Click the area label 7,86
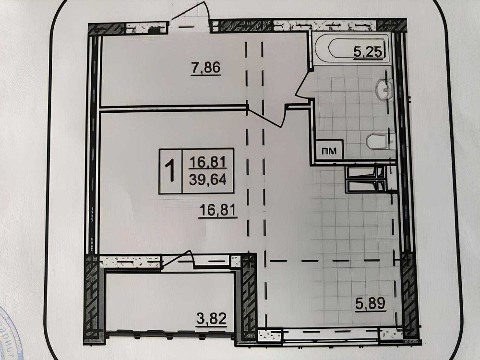(206, 68)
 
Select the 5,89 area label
(371, 304)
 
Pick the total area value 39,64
(208, 181)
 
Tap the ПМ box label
(329, 151)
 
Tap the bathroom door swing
(304, 87)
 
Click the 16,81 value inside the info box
(208, 161)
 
